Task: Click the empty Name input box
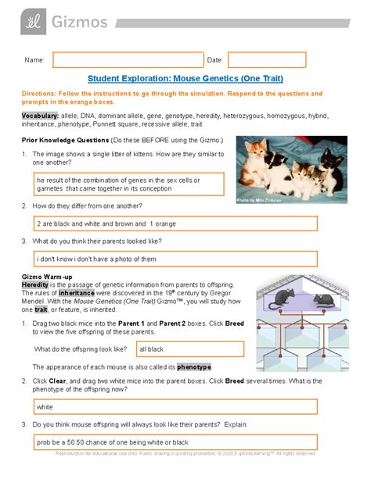[128, 59]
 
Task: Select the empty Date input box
[266, 59]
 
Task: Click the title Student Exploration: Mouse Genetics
[185, 79]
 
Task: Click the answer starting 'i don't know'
[175, 258]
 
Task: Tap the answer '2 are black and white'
[175, 223]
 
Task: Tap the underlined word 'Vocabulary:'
[41, 115]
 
